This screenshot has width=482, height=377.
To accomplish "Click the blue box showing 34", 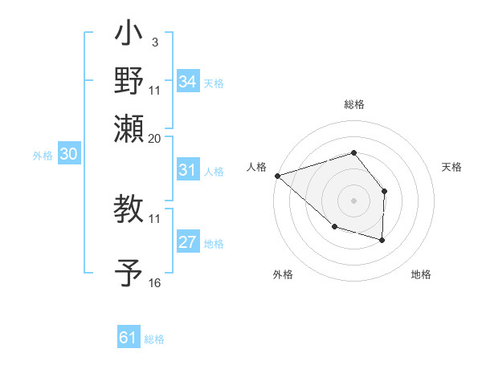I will click(188, 82).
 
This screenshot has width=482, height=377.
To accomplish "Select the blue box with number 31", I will click(188, 170).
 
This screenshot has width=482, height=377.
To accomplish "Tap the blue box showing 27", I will click(188, 243).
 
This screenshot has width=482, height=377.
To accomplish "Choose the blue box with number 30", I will click(68, 155).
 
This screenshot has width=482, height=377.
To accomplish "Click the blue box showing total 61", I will click(129, 338).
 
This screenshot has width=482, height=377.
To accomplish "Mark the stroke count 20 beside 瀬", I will click(155, 137).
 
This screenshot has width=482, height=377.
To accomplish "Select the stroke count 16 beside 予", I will click(155, 283).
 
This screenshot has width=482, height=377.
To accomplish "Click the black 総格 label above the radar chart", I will click(353, 105).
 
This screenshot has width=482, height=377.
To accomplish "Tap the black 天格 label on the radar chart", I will click(452, 167).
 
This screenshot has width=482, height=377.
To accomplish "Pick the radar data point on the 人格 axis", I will click(276, 175).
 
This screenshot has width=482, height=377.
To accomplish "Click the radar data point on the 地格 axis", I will click(382, 240).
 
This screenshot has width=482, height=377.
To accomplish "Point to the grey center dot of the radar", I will click(353, 201).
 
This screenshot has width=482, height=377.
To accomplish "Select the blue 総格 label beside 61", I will click(154, 339).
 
